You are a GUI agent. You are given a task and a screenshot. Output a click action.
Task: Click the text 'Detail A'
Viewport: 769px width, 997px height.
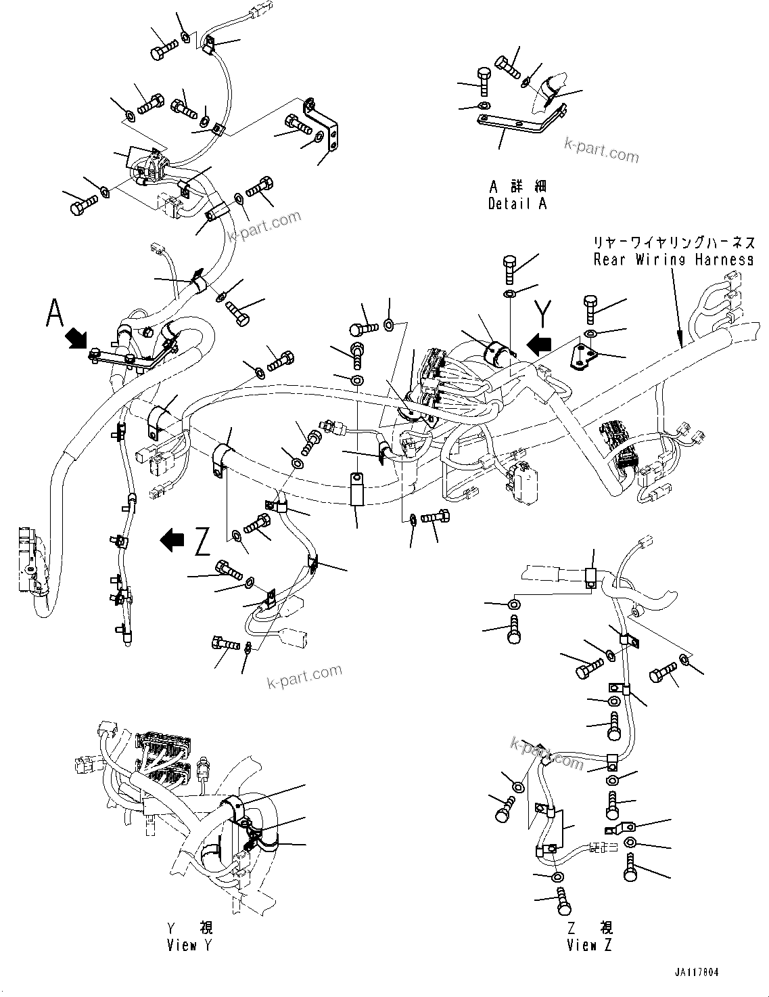coord(517,203)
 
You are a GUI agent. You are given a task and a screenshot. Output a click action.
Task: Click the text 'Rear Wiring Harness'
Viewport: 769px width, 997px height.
coord(673,259)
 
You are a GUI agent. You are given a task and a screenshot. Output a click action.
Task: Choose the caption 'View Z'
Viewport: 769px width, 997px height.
coord(589,945)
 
